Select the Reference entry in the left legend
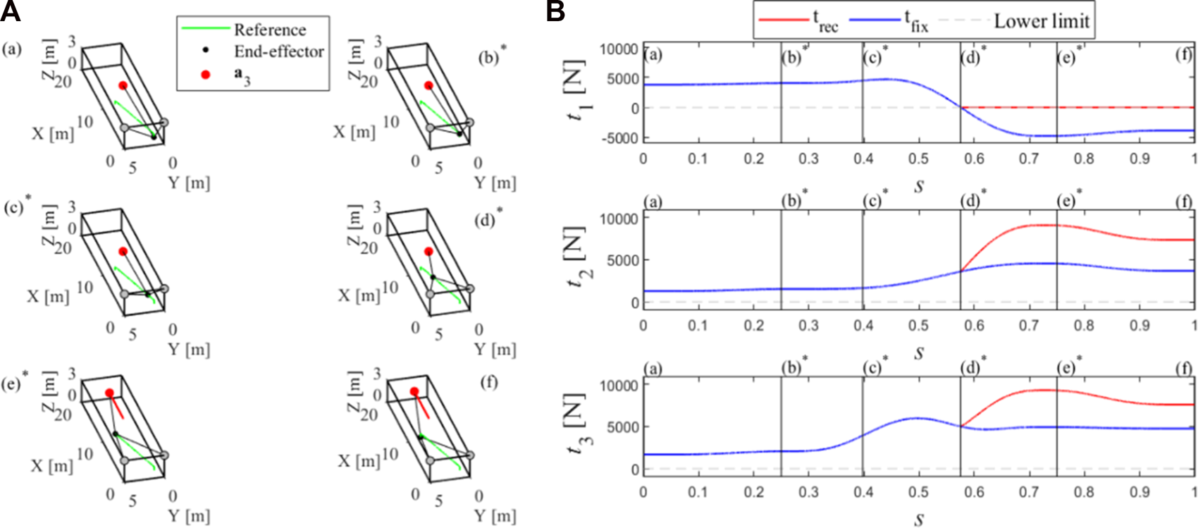point(270,30)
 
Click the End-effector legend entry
point(279,51)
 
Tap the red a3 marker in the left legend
point(206,74)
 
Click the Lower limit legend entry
point(1042,21)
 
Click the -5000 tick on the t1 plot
point(621,138)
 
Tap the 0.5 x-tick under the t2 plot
point(918,326)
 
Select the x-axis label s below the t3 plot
point(919,520)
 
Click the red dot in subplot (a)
point(123,86)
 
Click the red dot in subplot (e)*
point(109,393)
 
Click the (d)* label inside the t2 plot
point(972,202)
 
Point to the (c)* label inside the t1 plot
point(875,56)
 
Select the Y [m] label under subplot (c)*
point(189,349)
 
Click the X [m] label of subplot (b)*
point(354,131)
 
